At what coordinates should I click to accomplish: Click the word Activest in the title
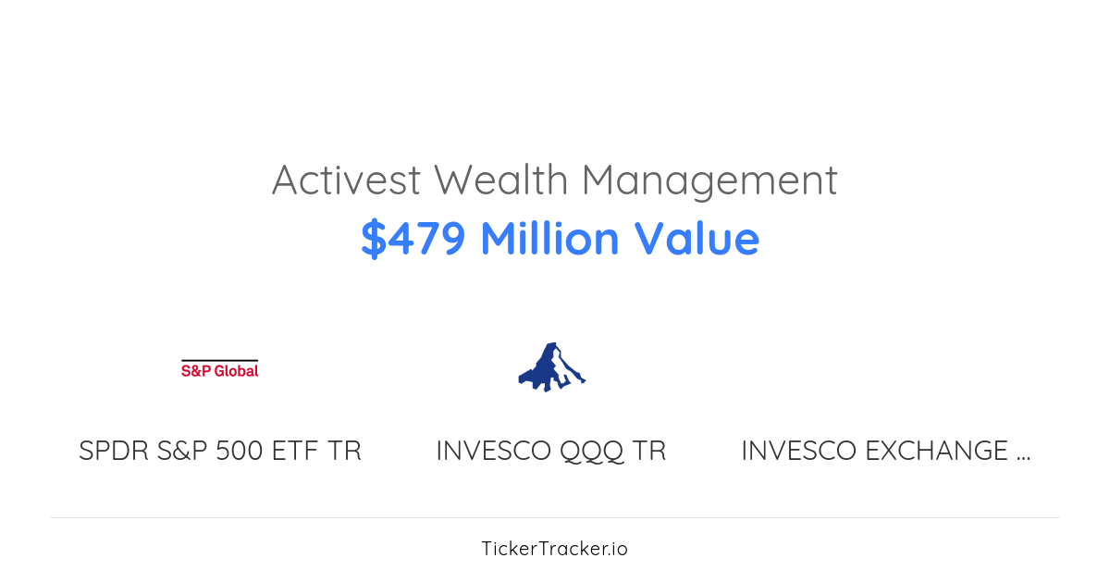point(346,180)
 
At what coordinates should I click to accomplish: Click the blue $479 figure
point(413,239)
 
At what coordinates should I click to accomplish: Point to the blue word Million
point(549,239)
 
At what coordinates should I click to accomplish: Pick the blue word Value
point(697,239)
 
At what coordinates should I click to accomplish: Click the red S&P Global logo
point(219,369)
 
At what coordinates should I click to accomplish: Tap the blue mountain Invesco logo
point(551,366)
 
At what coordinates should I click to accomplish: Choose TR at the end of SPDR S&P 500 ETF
point(344,452)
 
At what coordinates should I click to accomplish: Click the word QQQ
point(593,452)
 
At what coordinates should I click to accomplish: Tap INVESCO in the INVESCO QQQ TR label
point(494,452)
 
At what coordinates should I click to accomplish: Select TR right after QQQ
point(649,452)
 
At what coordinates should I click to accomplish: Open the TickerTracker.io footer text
point(554,549)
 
